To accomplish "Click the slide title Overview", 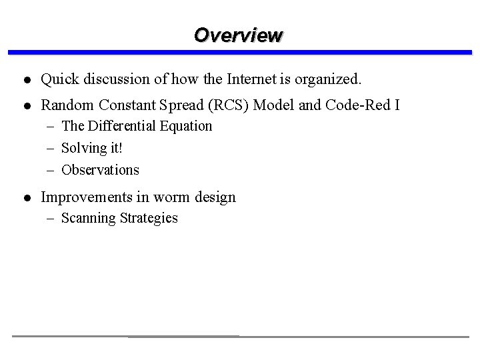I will pyautogui.click(x=238, y=35).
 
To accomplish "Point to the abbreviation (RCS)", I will pyautogui.click(x=221, y=105).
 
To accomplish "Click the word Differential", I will pyautogui.click(x=121, y=126).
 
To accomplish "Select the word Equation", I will pyautogui.click(x=186, y=126).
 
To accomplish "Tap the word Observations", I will pyautogui.click(x=100, y=170).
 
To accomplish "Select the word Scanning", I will pyautogui.click(x=89, y=219).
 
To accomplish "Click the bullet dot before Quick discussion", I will pyautogui.click(x=25, y=80).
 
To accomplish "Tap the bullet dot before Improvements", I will pyautogui.click(x=25, y=198).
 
